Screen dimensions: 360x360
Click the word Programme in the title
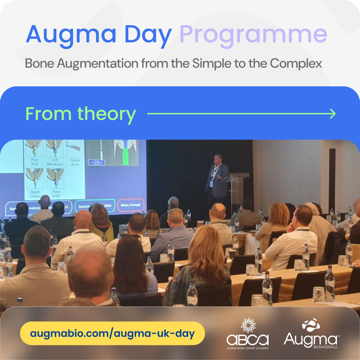coord(253,34)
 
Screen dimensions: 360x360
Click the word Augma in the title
coord(71,34)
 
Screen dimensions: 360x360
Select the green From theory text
coord(81,114)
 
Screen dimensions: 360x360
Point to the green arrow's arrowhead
coord(333,114)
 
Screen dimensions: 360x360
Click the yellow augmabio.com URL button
coord(112,333)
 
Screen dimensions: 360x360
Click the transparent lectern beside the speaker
coord(237,188)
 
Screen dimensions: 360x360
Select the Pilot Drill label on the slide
coord(34,162)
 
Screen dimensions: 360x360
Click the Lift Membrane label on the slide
coord(55,162)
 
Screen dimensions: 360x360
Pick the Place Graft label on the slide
coord(56,194)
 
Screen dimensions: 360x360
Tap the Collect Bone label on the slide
coord(75,162)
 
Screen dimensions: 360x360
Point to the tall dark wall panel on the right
coord(332,177)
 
